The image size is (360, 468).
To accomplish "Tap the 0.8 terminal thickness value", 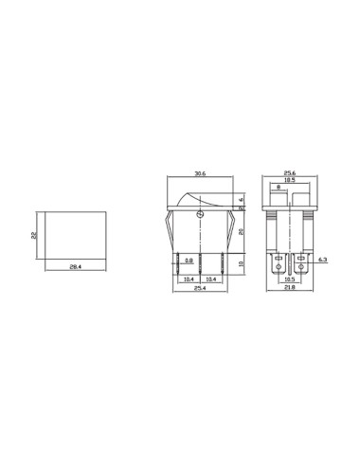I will (x=189, y=260).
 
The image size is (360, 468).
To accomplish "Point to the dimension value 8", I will (x=277, y=189).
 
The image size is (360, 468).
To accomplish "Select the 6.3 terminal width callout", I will (x=323, y=260).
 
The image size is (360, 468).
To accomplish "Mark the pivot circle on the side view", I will (x=198, y=215).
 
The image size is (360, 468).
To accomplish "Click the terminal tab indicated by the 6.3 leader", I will (x=302, y=261).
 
